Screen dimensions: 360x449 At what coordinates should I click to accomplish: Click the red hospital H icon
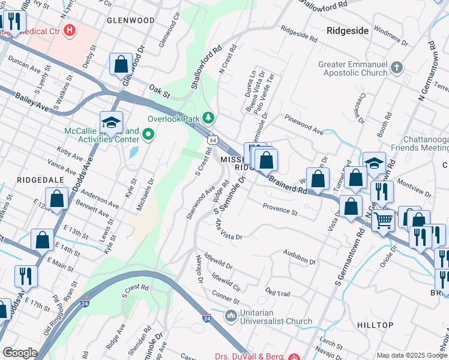pyautogui.click(x=70, y=29)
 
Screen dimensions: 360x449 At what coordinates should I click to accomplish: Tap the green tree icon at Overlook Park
pyautogui.click(x=208, y=118)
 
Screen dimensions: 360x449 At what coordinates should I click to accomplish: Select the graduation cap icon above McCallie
pyautogui.click(x=111, y=122)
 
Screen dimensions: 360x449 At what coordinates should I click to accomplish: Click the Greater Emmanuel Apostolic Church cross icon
pyautogui.click(x=396, y=67)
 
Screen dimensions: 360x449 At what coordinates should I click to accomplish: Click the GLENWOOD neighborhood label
pyautogui.click(x=130, y=20)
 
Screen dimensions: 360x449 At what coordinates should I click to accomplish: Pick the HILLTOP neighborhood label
pyautogui.click(x=375, y=325)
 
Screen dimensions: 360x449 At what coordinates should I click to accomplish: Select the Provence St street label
pyautogui.click(x=280, y=209)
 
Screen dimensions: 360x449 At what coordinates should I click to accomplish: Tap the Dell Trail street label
pyautogui.click(x=278, y=292)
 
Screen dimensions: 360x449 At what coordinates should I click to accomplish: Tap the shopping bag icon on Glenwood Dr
pyautogui.click(x=121, y=65)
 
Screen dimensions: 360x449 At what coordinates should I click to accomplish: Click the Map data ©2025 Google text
pyautogui.click(x=411, y=355)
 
